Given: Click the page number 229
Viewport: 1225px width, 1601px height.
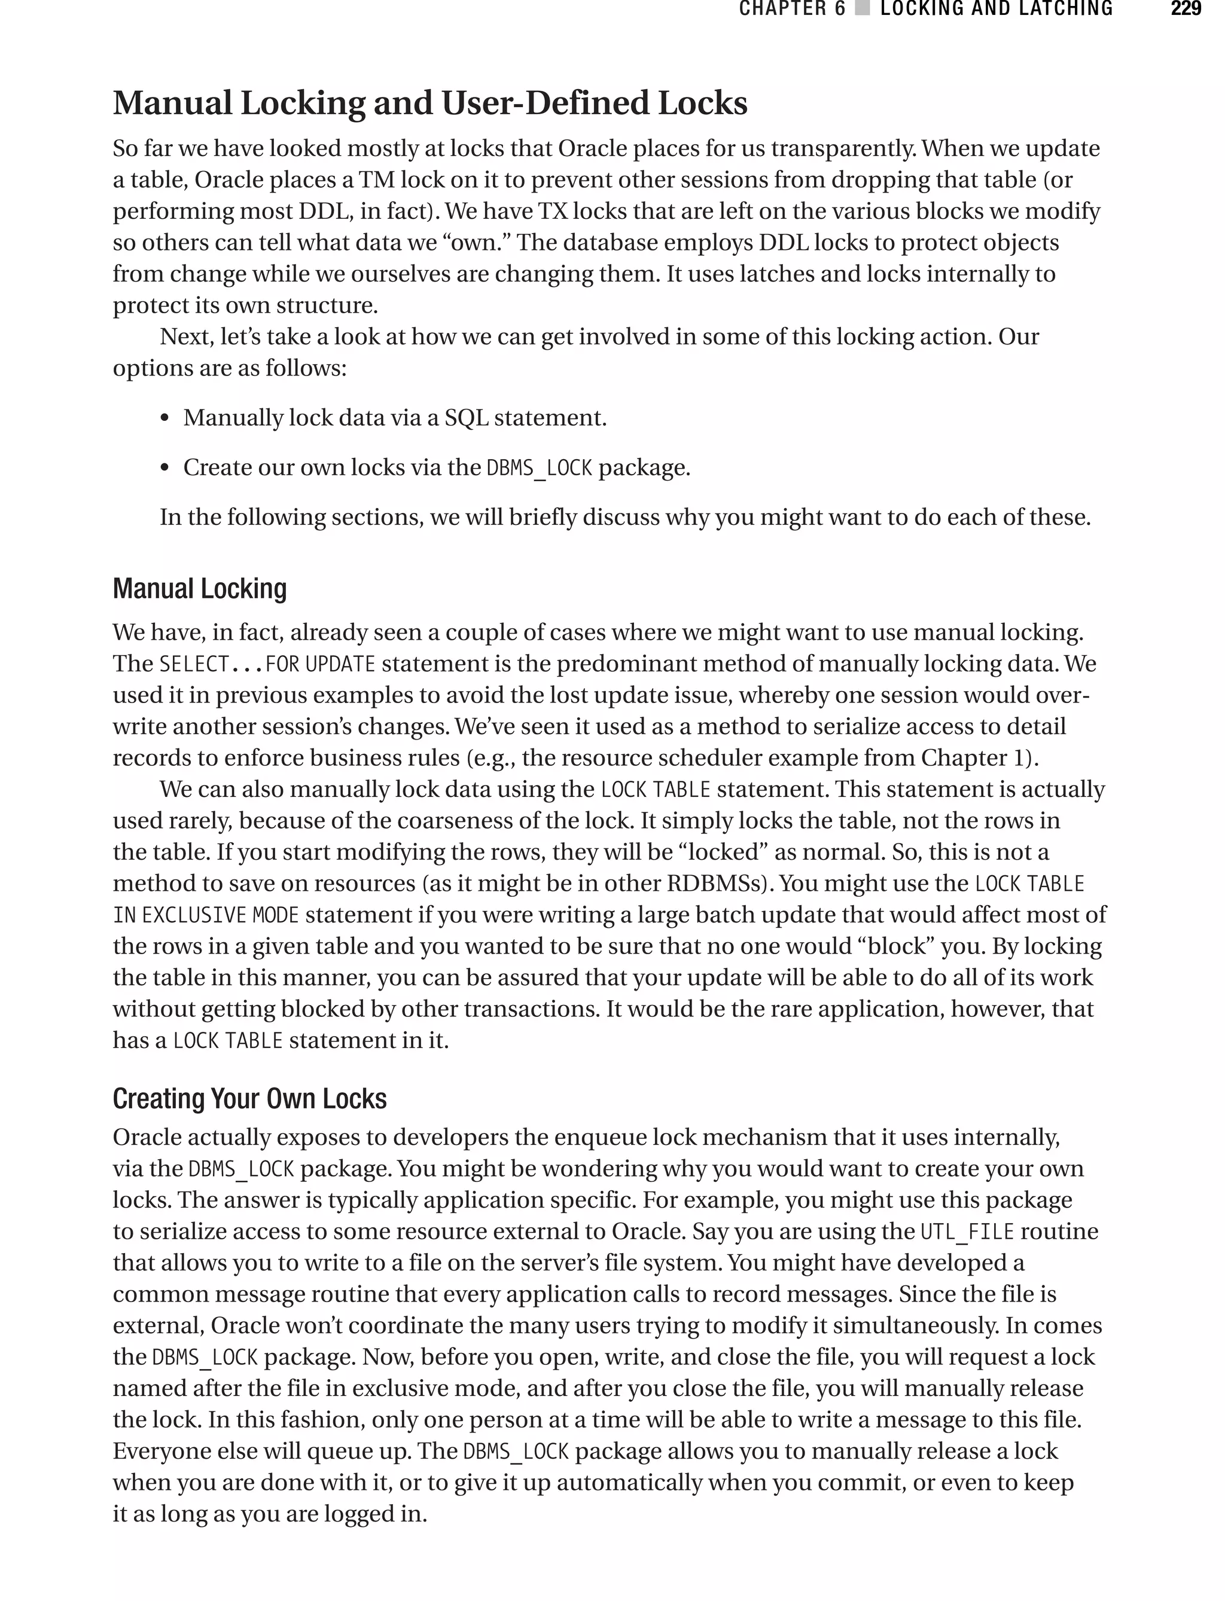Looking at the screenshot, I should [x=1185, y=9].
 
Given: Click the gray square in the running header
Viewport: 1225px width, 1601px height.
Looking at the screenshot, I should [x=863, y=9].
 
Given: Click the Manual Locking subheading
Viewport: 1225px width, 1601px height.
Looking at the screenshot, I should [x=199, y=589].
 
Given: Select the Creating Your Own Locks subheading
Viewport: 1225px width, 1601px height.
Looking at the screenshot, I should [x=249, y=1099].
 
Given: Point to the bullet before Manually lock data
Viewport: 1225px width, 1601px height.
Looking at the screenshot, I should [x=165, y=419].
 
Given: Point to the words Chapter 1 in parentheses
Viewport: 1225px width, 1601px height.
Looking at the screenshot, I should [x=973, y=758].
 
